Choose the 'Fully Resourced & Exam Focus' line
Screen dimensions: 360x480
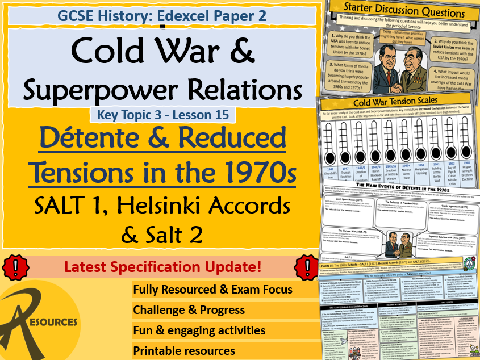click(x=212, y=290)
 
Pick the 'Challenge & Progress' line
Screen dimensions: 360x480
click(x=189, y=310)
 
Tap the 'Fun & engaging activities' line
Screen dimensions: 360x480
click(x=199, y=330)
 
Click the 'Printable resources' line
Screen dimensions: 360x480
click(x=184, y=350)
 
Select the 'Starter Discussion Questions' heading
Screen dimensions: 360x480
click(x=396, y=12)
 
